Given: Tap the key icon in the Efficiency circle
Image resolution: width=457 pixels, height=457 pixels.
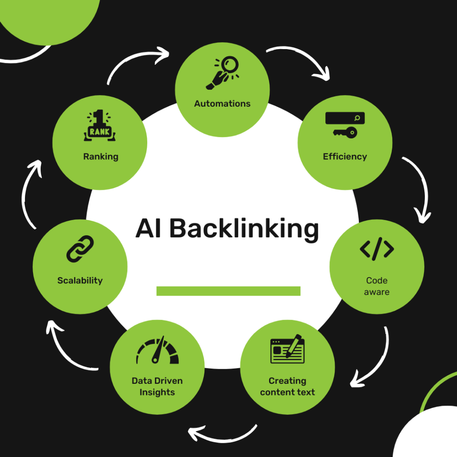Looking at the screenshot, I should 345,132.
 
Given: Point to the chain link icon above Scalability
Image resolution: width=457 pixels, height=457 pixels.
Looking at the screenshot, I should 80,249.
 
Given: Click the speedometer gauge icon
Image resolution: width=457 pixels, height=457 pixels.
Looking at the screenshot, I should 157,350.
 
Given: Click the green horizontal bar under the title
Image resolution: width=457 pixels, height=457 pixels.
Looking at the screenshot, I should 228,291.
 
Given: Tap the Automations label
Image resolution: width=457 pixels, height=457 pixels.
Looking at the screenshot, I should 222,104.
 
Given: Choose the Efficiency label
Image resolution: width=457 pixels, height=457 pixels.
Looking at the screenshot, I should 345,157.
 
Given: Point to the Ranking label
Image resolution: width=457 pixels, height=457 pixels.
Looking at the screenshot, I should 100,157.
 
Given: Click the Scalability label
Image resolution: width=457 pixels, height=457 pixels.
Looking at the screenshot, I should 80,281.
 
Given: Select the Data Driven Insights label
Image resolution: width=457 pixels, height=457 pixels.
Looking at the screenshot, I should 157,386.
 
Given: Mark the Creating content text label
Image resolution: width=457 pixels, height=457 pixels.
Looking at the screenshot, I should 287,386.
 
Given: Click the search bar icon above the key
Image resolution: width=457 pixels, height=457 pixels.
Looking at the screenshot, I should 345,118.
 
